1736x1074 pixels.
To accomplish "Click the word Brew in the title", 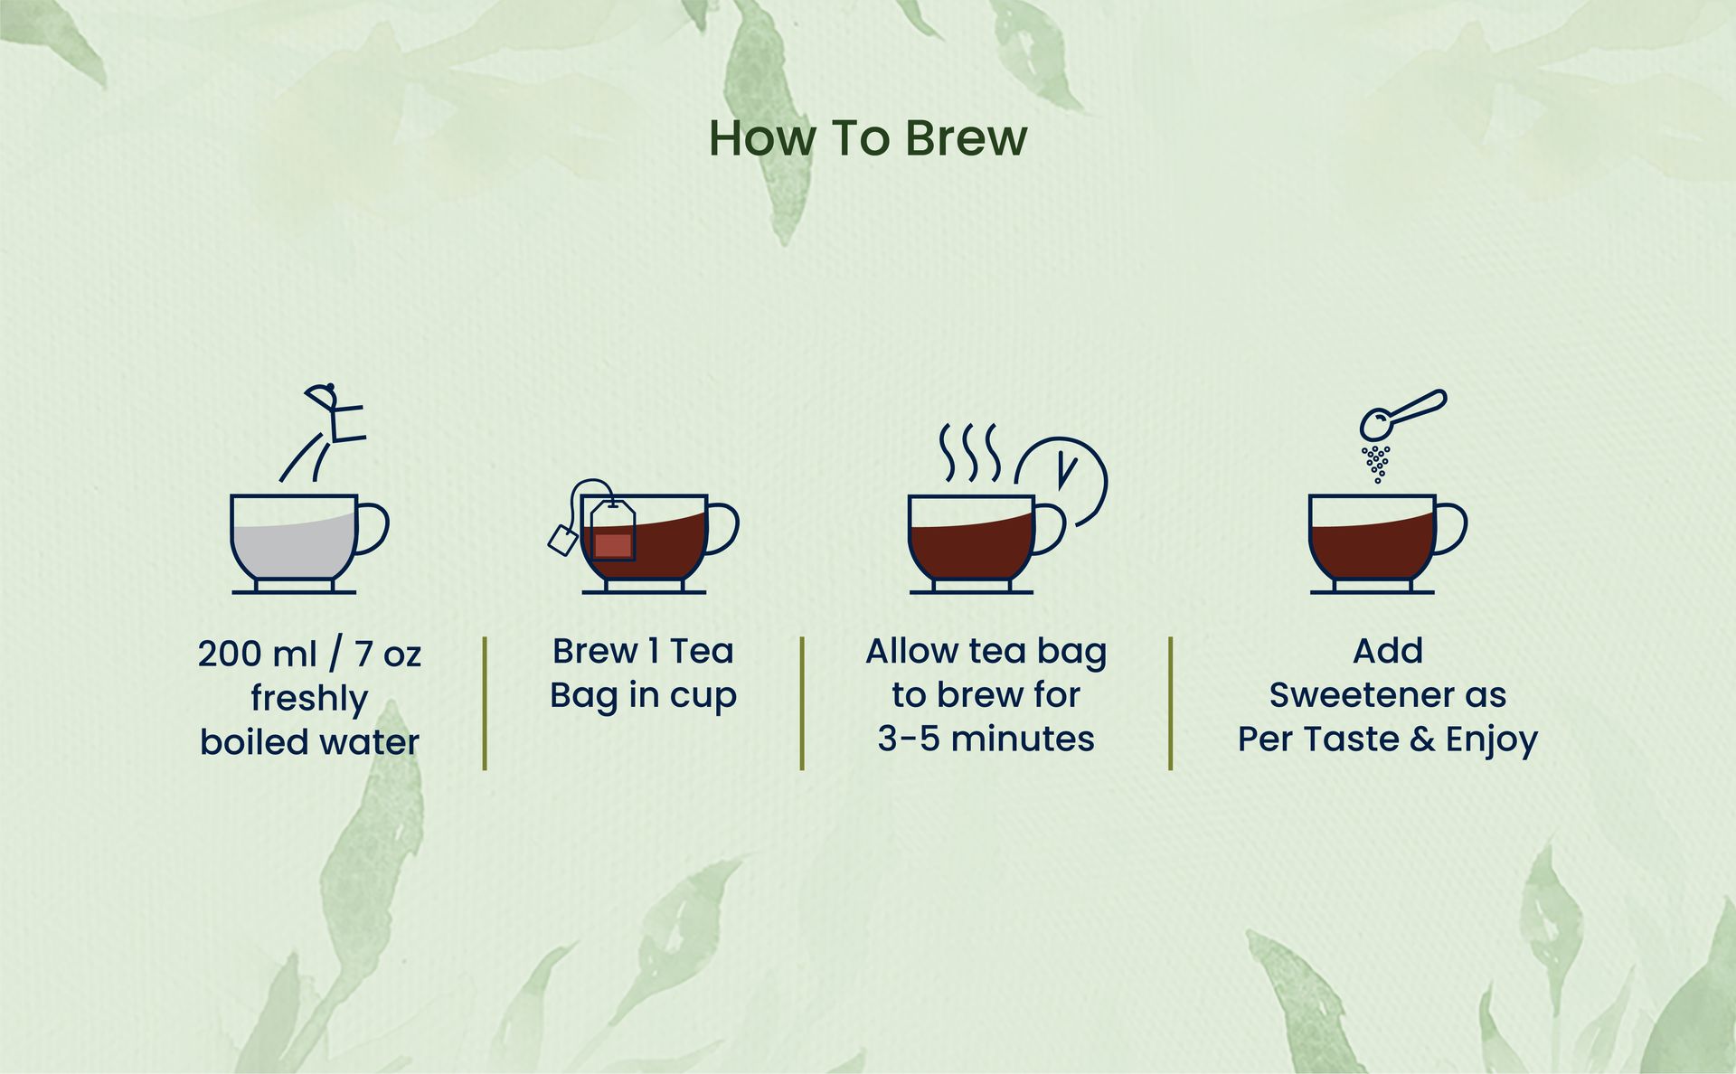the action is pyautogui.click(x=966, y=138).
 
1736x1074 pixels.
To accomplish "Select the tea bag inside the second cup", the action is pyautogui.click(x=612, y=532).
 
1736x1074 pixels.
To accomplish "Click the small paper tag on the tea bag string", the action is pyautogui.click(x=563, y=540).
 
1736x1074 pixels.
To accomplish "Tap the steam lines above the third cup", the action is pyautogui.click(x=969, y=452).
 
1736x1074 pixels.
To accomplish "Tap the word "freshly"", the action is pyautogui.click(x=309, y=699).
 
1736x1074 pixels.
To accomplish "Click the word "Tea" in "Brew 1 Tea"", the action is pyautogui.click(x=702, y=651).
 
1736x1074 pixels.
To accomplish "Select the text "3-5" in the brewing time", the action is pyautogui.click(x=909, y=739).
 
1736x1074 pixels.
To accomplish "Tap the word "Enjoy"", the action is pyautogui.click(x=1492, y=740).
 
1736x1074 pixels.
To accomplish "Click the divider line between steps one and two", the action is pyautogui.click(x=485, y=703).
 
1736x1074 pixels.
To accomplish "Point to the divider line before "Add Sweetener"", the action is pyautogui.click(x=1170, y=703).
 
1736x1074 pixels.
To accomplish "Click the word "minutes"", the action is pyautogui.click(x=1023, y=739).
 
